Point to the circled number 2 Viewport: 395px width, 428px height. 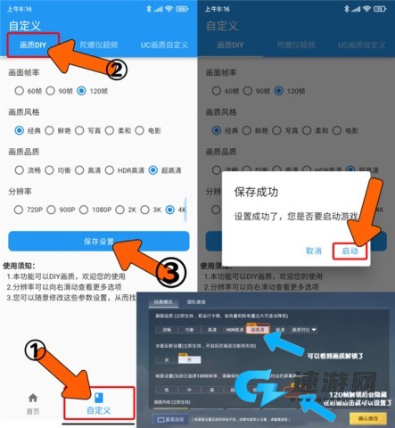point(118,68)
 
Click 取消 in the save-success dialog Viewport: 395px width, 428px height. point(313,252)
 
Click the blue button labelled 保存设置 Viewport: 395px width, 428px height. point(99,242)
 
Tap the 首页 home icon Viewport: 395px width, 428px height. point(33,402)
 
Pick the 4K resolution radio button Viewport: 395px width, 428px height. point(181,210)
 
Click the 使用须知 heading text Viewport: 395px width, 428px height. point(22,265)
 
